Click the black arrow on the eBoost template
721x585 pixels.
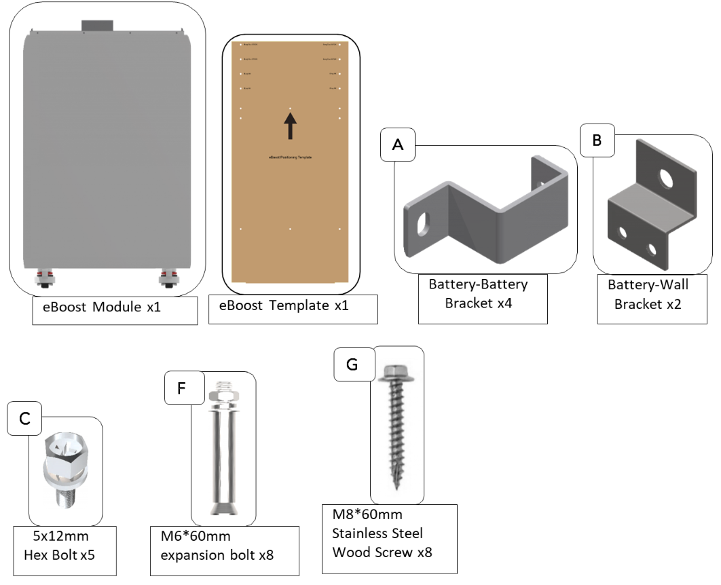291,126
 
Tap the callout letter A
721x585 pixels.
398,145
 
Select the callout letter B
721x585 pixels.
597,140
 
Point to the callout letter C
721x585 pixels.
24,419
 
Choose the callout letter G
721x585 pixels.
352,364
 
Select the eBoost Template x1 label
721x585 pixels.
284,306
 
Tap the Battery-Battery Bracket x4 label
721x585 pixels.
478,293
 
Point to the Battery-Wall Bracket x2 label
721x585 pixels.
648,295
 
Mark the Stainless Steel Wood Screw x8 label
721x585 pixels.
382,533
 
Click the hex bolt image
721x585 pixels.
64,468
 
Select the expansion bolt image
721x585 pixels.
223,449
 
